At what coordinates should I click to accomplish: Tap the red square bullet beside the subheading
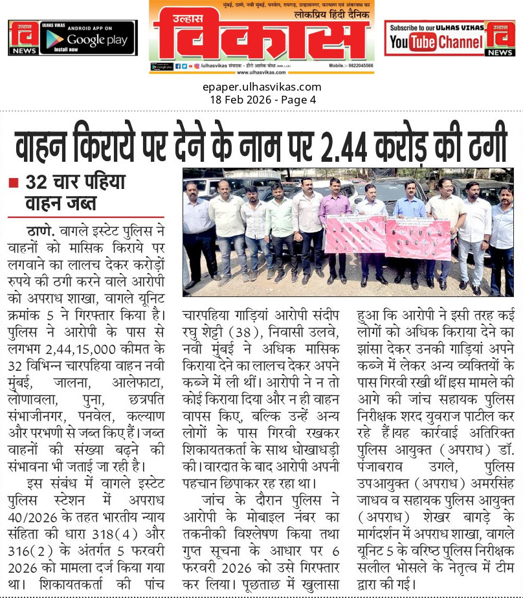[12, 183]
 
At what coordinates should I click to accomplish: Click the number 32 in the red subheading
[38, 183]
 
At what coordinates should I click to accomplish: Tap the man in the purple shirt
[335, 223]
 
